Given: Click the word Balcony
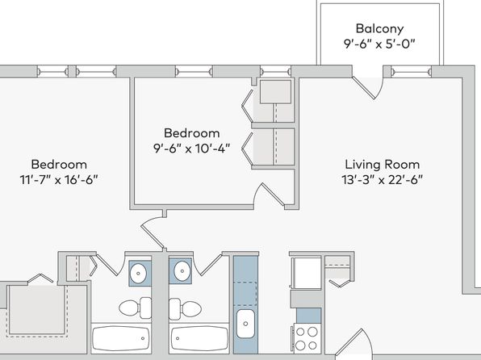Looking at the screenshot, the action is coord(379,28).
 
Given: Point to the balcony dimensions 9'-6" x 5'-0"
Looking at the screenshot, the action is coord(379,44).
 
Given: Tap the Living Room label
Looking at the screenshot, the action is coord(383,165).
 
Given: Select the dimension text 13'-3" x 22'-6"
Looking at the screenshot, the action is coord(383,180).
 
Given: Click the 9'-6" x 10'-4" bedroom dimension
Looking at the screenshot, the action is coord(192,149).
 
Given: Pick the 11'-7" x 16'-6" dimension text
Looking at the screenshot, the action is coord(59,180).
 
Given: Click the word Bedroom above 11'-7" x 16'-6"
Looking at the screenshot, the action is coord(59,165).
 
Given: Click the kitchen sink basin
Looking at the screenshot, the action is coord(245,324).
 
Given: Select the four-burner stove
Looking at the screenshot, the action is coord(306,338).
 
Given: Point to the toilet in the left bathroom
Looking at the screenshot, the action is coord(135,308).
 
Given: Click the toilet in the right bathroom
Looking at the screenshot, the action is coord(185,308).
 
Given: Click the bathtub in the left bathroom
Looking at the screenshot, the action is coord(121,338).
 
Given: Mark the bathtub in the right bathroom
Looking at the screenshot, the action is coord(199,338).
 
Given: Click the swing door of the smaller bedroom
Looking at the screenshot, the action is coord(270,195).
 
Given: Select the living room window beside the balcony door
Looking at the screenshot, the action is coord(411,72).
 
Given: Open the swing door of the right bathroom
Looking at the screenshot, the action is coord(209,264).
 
